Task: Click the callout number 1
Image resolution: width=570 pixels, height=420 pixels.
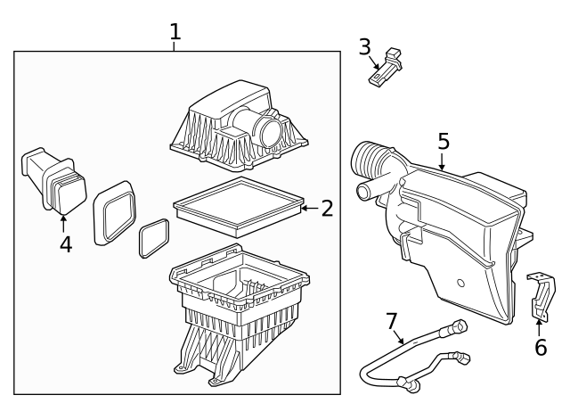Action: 175,32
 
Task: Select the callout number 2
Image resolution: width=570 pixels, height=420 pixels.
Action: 327,209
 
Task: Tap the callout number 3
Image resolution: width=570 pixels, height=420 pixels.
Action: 364,46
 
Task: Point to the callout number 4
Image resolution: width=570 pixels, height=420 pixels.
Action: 66,243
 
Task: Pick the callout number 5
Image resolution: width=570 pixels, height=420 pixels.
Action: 443,142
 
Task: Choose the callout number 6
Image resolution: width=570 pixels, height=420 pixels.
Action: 540,347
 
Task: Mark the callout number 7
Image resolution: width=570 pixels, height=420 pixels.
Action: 391,320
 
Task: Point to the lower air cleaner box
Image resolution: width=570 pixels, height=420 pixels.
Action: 236,312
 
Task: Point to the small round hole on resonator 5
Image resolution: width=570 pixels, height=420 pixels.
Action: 460,283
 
